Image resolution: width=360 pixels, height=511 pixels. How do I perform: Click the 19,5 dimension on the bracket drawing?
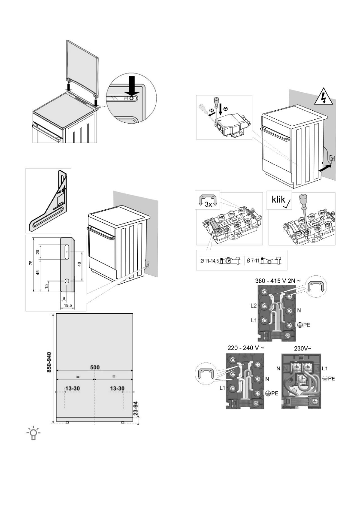(x=66, y=305)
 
